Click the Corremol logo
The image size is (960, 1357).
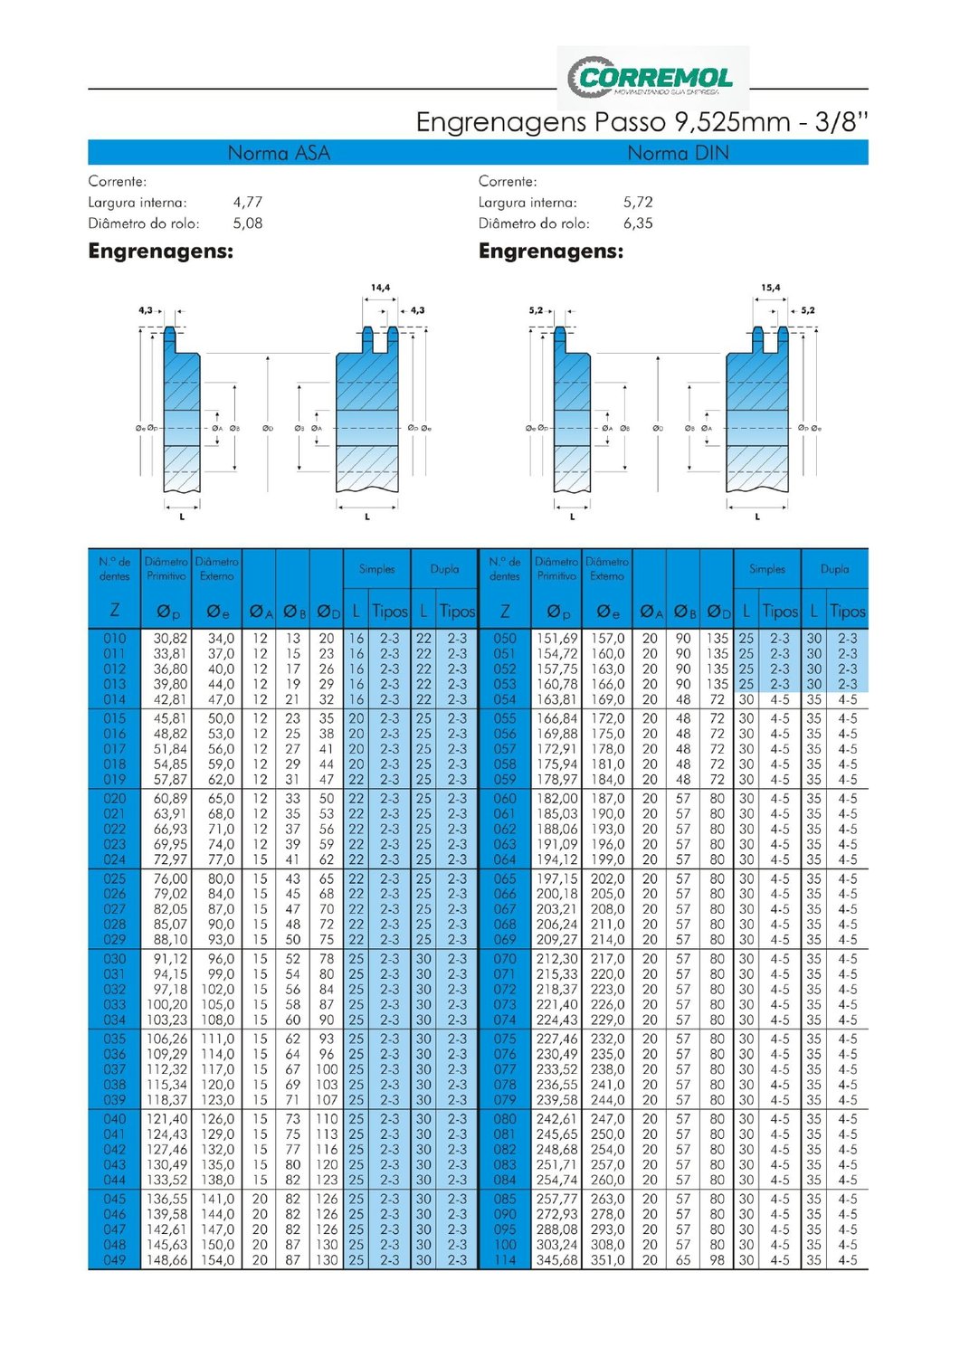tap(653, 78)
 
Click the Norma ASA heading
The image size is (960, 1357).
tap(279, 153)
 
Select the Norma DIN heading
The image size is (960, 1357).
tap(678, 153)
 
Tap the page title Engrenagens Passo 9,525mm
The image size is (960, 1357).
tap(641, 122)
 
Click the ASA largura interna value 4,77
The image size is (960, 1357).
tap(247, 203)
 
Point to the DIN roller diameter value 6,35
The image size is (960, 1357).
tap(638, 223)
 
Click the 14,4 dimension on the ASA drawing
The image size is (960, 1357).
tap(380, 288)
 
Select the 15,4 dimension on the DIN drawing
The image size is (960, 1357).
tap(770, 288)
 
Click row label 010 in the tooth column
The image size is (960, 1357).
tap(115, 639)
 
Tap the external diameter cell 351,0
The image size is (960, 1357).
tap(607, 1260)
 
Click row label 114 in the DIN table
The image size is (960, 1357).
tap(505, 1260)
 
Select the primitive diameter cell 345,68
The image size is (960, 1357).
tap(556, 1260)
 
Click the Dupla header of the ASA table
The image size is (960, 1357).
tap(444, 569)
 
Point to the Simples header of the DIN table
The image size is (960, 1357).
tap(767, 569)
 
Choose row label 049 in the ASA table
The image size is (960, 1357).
tap(115, 1260)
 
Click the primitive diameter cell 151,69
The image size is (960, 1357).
tap(556, 639)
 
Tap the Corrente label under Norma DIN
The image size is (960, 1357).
tap(508, 182)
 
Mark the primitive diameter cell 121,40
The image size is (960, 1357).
tap(166, 1119)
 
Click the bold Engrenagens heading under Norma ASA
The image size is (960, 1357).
tap(161, 251)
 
